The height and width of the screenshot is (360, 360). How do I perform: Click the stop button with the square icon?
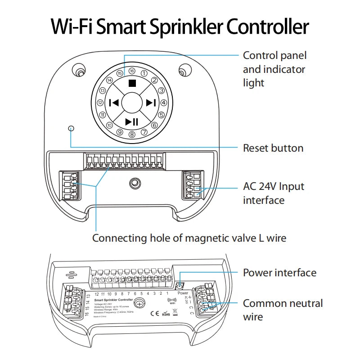(x=132, y=83)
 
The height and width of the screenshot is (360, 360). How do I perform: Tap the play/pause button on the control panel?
(x=132, y=121)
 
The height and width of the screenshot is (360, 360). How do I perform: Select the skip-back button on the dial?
(x=113, y=103)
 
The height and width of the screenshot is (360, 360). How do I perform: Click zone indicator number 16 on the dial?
(x=132, y=71)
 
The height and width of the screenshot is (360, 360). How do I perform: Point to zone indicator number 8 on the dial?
(x=132, y=134)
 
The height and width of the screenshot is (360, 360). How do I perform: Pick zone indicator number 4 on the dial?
(x=163, y=103)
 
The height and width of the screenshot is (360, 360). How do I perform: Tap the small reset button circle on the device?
(x=71, y=128)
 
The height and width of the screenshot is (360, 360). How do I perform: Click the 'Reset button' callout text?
(x=273, y=148)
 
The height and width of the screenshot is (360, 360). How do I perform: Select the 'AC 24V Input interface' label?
(x=274, y=193)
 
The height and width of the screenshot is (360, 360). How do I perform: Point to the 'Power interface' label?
(x=279, y=273)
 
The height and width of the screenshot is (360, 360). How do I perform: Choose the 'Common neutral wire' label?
(x=283, y=310)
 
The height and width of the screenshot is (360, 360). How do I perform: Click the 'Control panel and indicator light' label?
(x=274, y=69)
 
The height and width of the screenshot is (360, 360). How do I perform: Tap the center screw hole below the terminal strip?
(x=134, y=183)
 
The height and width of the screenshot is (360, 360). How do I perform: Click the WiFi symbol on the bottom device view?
(x=171, y=301)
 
